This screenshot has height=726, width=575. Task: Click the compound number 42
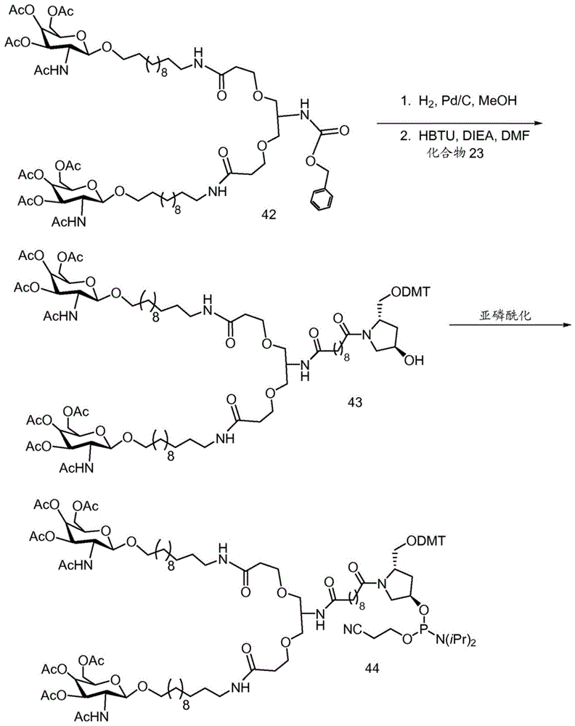(269, 214)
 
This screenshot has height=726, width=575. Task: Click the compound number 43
(355, 402)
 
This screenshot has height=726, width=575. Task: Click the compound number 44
(372, 668)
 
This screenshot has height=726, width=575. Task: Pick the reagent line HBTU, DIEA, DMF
(465, 136)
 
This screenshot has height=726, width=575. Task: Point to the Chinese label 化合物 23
(455, 152)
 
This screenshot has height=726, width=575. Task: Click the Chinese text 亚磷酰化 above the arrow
(505, 316)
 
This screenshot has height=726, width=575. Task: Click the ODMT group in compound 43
(410, 292)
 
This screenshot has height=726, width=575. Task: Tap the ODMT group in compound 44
(425, 540)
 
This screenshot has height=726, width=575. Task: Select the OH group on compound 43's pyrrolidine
(414, 360)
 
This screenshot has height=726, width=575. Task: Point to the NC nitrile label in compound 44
(353, 629)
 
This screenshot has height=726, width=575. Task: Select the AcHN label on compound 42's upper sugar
(51, 70)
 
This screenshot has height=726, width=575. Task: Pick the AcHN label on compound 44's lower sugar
(91, 717)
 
